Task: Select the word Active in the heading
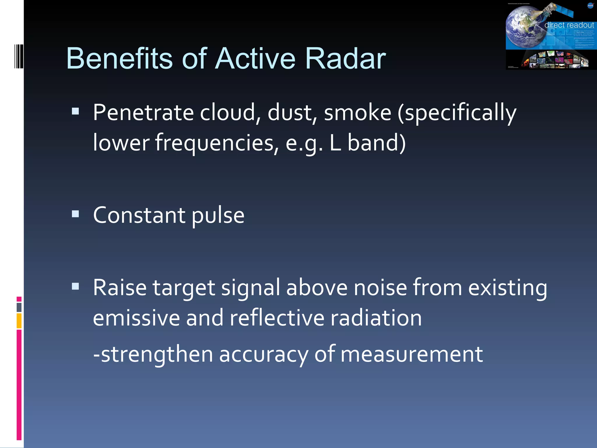point(255,59)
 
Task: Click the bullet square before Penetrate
point(75,111)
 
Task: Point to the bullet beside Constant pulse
point(75,214)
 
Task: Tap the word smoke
point(357,113)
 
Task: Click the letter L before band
point(335,143)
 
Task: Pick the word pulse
point(218,216)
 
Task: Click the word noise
point(380,288)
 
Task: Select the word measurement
point(411,354)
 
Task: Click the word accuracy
point(263,354)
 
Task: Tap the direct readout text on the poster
point(569,25)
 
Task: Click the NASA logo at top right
point(590,6)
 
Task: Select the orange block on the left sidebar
point(19,321)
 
